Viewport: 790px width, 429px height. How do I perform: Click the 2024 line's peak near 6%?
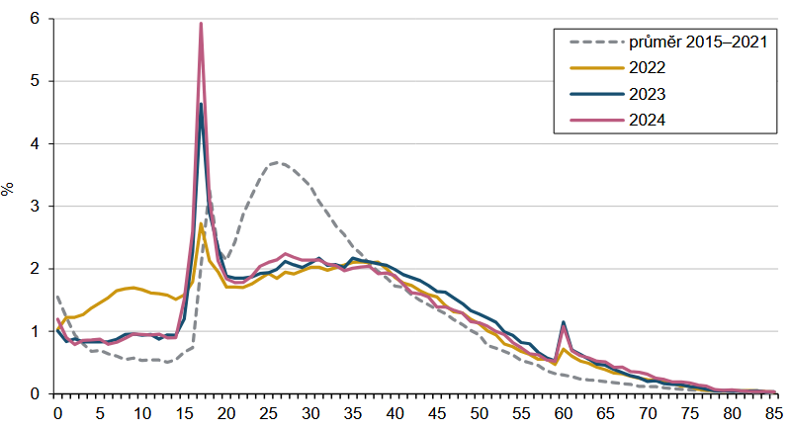pos(201,24)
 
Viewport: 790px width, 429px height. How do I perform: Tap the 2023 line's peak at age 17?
pos(201,104)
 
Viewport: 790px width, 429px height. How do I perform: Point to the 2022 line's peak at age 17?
pos(201,224)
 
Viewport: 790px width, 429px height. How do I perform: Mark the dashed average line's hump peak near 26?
pos(279,162)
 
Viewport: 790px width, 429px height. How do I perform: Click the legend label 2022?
pos(645,68)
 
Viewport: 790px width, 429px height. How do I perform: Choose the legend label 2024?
pos(645,120)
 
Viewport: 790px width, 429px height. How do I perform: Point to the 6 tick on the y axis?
pos(35,19)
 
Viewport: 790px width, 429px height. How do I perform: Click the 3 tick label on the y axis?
pos(35,207)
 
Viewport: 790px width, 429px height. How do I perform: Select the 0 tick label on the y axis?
pos(35,393)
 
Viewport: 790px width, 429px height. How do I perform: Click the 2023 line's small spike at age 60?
pos(564,322)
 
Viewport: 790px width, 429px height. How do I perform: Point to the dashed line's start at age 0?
pos(57,295)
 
